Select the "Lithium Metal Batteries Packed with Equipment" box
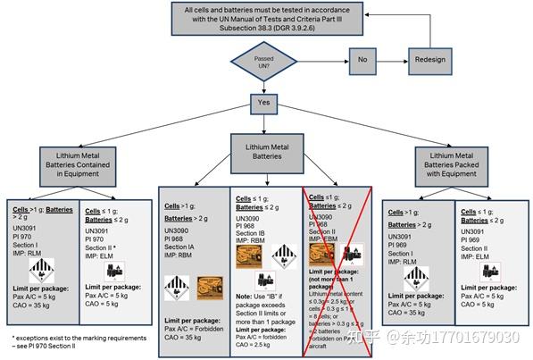[x=457, y=167]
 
